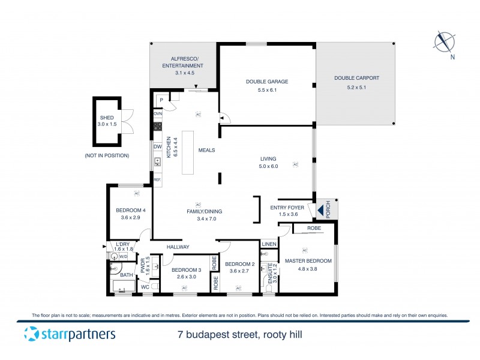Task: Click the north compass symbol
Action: [x=444, y=42]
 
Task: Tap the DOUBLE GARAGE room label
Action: [x=267, y=82]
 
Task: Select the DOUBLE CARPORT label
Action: [x=356, y=78]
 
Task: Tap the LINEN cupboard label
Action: [x=269, y=244]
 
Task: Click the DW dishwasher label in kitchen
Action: [x=157, y=146]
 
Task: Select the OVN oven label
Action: [x=158, y=113]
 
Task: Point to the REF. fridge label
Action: [x=157, y=179]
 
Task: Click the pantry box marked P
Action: [x=160, y=100]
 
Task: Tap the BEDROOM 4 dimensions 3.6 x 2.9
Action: [x=128, y=217]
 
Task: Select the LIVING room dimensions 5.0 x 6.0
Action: [x=268, y=166]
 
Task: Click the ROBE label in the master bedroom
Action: [x=313, y=229]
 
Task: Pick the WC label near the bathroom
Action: [x=145, y=287]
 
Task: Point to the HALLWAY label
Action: [x=178, y=247]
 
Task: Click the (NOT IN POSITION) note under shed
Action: [x=107, y=155]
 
